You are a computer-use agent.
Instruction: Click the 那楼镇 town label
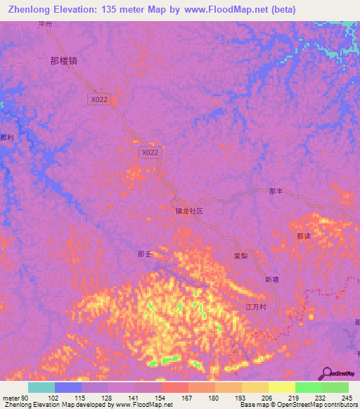pyautogui.click(x=63, y=60)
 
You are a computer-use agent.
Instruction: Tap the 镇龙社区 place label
pyautogui.click(x=188, y=210)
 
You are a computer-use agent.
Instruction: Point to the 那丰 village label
pyautogui.click(x=276, y=191)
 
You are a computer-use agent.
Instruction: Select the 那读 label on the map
pyautogui.click(x=303, y=236)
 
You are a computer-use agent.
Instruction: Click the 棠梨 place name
pyautogui.click(x=242, y=257)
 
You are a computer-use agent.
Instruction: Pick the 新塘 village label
pyautogui.click(x=272, y=279)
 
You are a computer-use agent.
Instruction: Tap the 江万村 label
pyautogui.click(x=255, y=307)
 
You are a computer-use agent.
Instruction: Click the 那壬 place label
pyautogui.click(x=144, y=254)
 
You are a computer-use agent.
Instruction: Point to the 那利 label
pyautogui.click(x=6, y=138)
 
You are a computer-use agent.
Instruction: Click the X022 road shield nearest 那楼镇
pyautogui.click(x=99, y=100)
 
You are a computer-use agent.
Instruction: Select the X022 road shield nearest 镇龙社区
pyautogui.click(x=150, y=152)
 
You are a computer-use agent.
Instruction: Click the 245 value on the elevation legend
pyautogui.click(x=347, y=398)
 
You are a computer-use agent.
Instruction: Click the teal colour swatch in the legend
pyautogui.click(x=41, y=387)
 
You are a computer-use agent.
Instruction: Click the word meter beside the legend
pyautogui.click(x=11, y=398)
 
